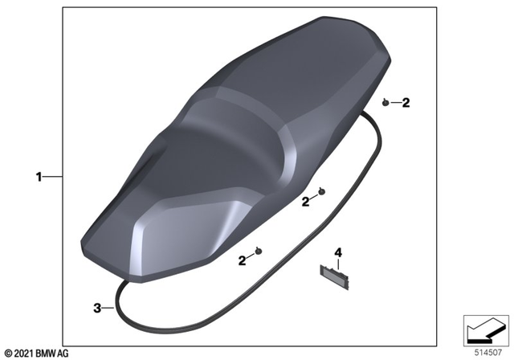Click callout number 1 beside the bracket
click(x=39, y=177)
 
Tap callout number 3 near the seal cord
click(x=97, y=308)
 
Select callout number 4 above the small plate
click(x=338, y=252)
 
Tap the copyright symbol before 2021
click(x=8, y=353)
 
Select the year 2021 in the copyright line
click(x=24, y=353)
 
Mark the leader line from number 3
click(x=109, y=307)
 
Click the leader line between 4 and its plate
click(x=338, y=263)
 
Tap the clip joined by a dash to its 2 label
click(x=385, y=103)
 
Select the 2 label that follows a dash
click(x=406, y=103)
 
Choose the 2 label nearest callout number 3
click(x=242, y=260)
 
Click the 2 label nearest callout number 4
click(x=305, y=202)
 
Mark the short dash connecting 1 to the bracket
click(x=52, y=177)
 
